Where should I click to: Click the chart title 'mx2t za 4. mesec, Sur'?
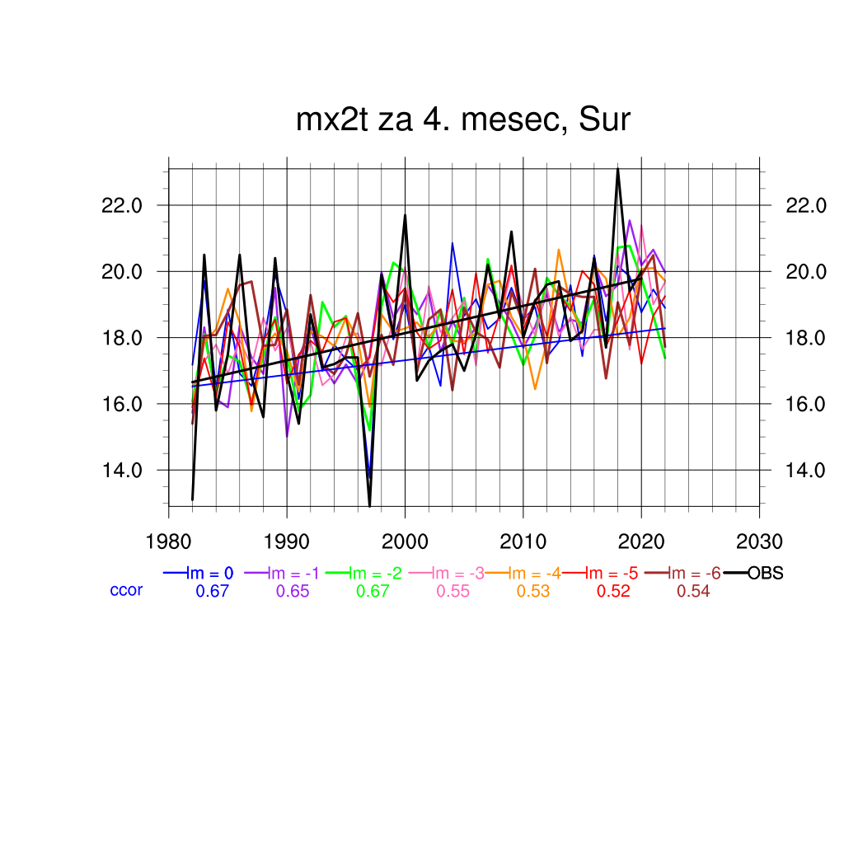coord(463,120)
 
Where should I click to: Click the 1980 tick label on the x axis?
coord(169,542)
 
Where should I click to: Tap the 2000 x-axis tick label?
coord(405,542)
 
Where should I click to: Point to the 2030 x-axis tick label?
coord(759,542)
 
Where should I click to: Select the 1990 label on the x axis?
coord(287,542)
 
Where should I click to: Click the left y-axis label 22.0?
coord(121,205)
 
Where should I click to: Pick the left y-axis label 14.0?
coord(121,471)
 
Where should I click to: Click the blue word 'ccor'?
coord(126,590)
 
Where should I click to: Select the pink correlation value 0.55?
coord(452,591)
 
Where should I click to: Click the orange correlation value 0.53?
coord(533,591)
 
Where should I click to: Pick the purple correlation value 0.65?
coord(293,591)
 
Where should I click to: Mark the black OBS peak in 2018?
coord(617,170)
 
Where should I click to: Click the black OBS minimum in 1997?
coord(370,505)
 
